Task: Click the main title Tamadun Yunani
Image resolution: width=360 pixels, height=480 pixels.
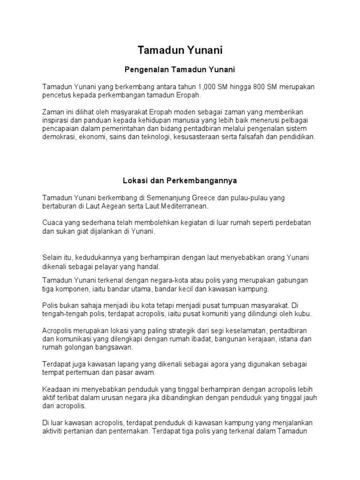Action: coord(180,51)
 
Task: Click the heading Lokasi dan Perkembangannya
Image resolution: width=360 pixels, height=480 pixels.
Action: coord(180,180)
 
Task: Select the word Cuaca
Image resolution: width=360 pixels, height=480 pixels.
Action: coord(52,222)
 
